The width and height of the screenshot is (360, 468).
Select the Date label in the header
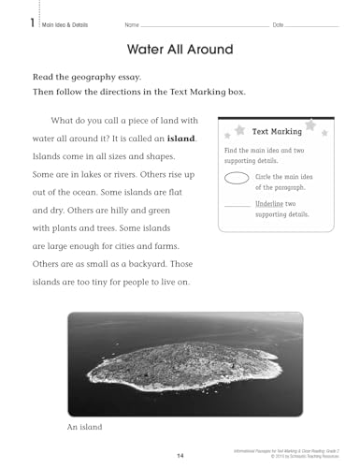coord(278,23)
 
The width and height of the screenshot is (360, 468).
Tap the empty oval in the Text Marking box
coord(238,179)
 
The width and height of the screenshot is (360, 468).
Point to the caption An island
coord(84,429)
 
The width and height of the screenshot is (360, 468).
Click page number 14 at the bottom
coord(180,456)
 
